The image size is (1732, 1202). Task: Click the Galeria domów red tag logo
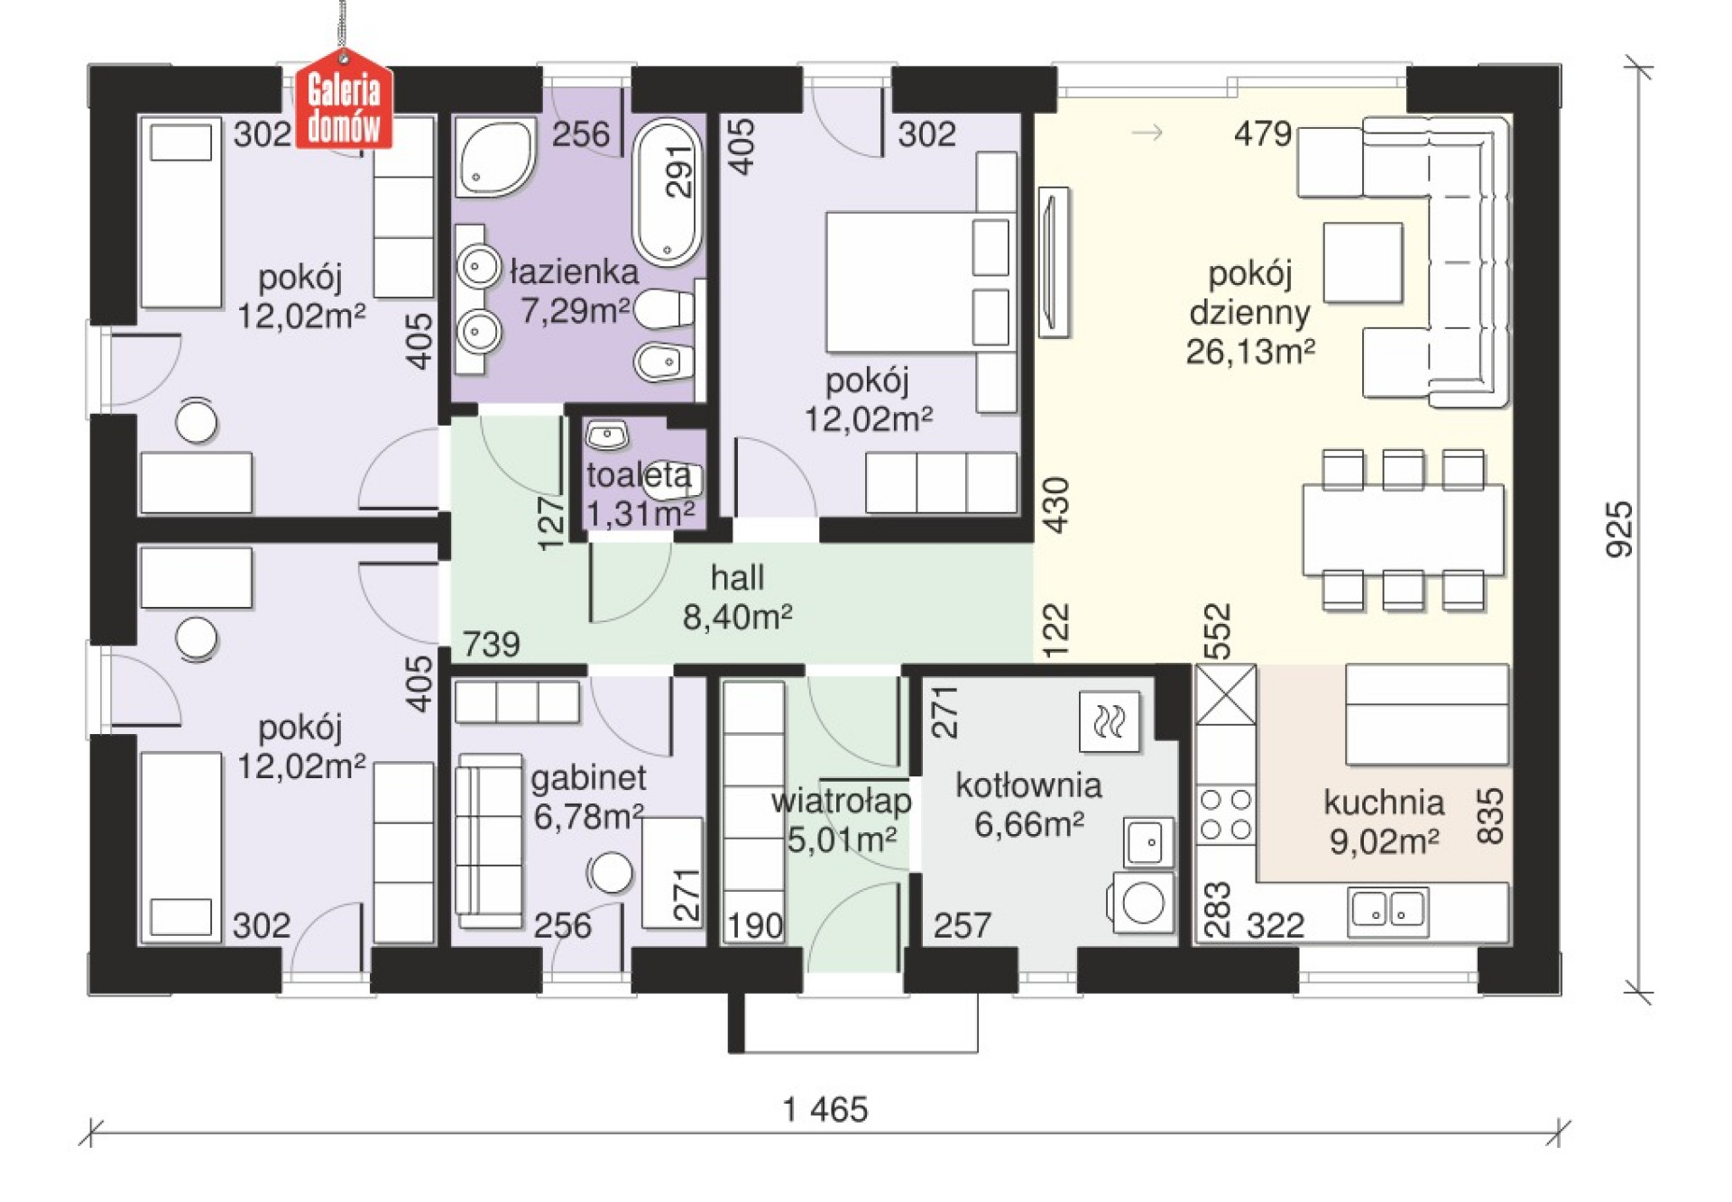(x=345, y=103)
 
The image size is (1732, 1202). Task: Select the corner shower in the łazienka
(x=493, y=159)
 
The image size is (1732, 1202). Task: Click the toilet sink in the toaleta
(x=607, y=436)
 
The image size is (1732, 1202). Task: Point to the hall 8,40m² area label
(x=737, y=597)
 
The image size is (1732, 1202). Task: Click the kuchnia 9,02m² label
(x=1384, y=821)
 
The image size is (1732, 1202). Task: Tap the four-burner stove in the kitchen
(x=1225, y=814)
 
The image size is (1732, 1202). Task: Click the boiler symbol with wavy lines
(x=1110, y=721)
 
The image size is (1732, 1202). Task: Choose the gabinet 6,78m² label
(x=588, y=797)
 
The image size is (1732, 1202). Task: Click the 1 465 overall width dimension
(x=825, y=1109)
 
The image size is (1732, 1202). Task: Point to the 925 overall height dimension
(x=1619, y=530)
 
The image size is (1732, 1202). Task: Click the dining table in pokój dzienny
(x=1403, y=529)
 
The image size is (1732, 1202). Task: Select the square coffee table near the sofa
(x=1363, y=262)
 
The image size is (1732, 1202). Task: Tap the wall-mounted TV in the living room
(x=1054, y=262)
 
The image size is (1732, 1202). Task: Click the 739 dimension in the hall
(x=492, y=644)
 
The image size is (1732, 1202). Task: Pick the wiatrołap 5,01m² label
(x=842, y=821)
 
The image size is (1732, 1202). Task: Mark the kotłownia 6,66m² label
(x=1028, y=804)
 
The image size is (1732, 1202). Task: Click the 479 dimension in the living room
(x=1263, y=133)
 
